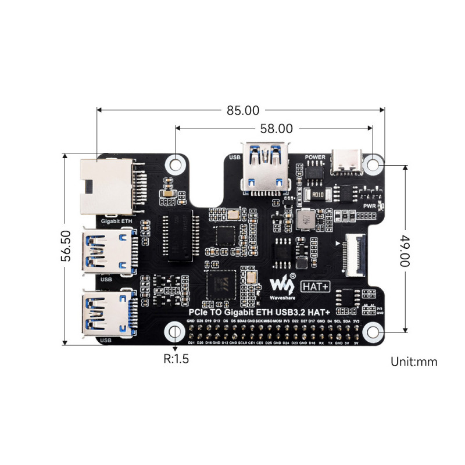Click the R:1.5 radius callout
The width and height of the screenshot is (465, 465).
(x=176, y=359)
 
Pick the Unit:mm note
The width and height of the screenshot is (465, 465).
(x=414, y=362)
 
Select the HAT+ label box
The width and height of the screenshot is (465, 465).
(x=316, y=285)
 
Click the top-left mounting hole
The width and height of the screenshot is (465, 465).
(x=175, y=163)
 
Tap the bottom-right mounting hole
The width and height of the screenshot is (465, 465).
(x=373, y=332)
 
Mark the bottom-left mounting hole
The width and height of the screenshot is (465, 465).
(x=175, y=332)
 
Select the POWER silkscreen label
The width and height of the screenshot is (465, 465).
(x=314, y=157)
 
